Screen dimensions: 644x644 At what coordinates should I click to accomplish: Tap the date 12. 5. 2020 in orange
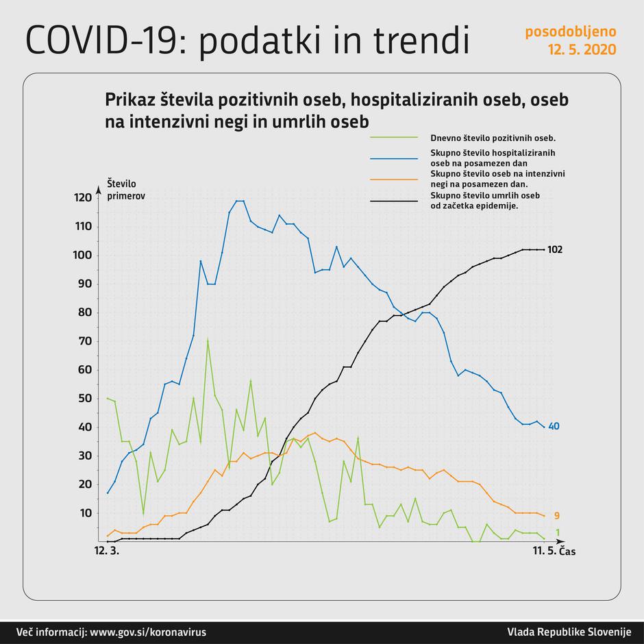[581, 49]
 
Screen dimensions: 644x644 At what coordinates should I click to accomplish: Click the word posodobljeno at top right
[570, 32]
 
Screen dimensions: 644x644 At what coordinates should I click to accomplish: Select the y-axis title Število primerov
[126, 189]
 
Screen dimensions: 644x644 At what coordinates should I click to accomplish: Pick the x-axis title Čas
[567, 552]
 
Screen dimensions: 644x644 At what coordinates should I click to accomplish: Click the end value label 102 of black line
[555, 250]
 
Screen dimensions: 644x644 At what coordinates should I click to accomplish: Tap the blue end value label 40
[554, 426]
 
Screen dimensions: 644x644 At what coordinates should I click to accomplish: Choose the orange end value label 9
[557, 515]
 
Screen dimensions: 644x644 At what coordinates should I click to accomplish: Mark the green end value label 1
[557, 533]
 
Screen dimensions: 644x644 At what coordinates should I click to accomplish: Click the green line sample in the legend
[393, 137]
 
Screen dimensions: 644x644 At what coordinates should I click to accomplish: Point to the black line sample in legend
[393, 201]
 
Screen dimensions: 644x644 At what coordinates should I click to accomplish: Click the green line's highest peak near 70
[208, 340]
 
